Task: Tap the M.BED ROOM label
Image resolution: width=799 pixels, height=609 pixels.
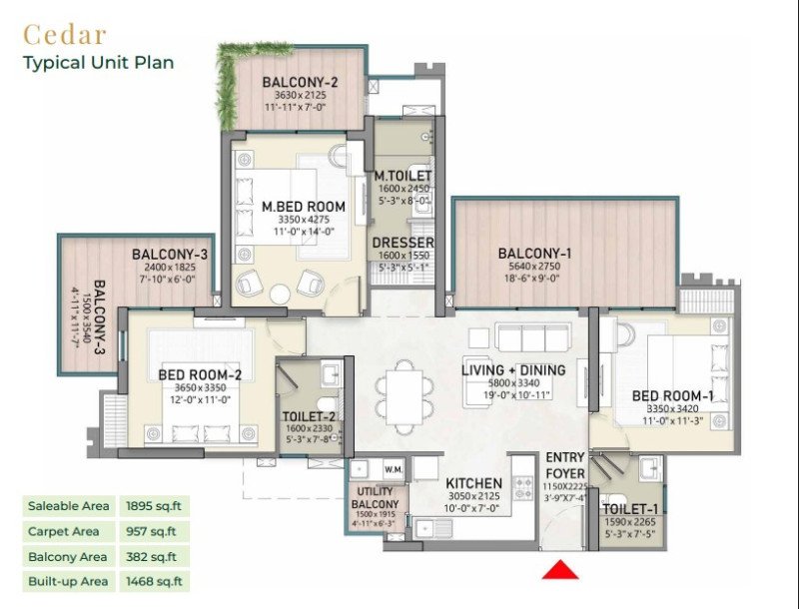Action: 304,207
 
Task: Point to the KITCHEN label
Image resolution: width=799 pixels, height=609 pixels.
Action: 473,484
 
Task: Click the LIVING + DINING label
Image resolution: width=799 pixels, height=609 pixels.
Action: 513,370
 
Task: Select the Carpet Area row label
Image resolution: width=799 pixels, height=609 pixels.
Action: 63,531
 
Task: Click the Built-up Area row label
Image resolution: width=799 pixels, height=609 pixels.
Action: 66,581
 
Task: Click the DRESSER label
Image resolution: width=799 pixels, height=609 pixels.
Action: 402,243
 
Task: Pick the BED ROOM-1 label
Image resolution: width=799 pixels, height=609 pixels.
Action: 672,396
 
